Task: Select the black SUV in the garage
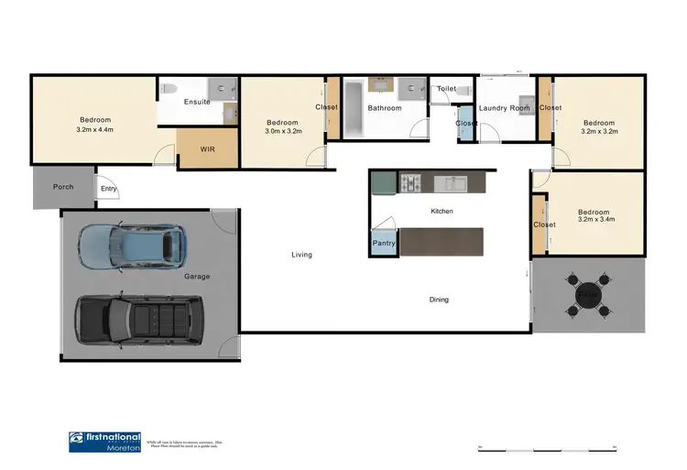(140, 318)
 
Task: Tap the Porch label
(63, 187)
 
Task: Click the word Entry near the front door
(109, 190)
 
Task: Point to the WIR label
(207, 149)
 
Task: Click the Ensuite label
(197, 102)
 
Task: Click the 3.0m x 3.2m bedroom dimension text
(282, 134)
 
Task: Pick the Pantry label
(383, 243)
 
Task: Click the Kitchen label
(442, 212)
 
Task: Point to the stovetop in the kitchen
(409, 184)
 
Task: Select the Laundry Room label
(505, 108)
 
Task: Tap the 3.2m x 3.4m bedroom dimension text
(596, 220)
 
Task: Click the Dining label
(440, 300)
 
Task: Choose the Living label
(301, 255)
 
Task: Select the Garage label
(196, 277)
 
